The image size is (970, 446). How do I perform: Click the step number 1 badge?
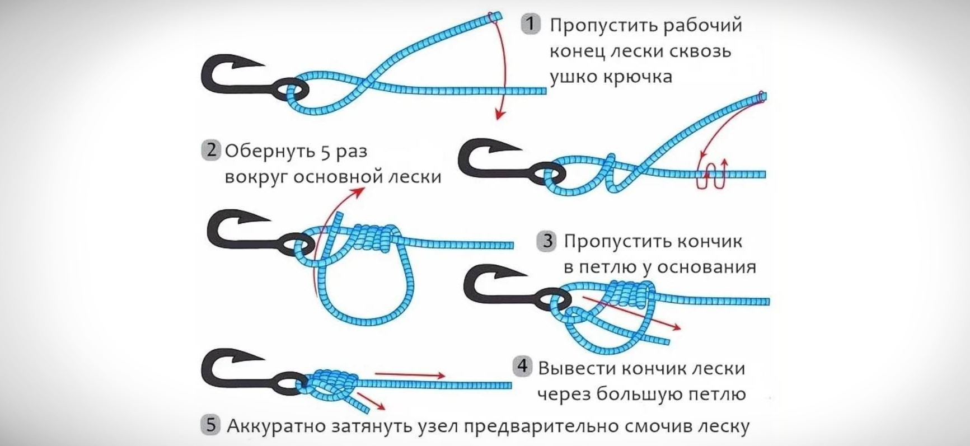click(531, 25)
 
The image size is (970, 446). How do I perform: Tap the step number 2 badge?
click(210, 151)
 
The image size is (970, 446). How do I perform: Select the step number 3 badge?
click(546, 241)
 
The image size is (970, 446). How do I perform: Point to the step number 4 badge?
click(522, 367)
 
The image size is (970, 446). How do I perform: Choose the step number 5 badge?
click(210, 425)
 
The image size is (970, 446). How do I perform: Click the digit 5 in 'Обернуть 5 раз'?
click(327, 152)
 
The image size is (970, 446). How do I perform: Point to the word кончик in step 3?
click(709, 242)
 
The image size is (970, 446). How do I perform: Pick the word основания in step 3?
click(706, 267)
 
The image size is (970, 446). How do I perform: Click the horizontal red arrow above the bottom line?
click(410, 375)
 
